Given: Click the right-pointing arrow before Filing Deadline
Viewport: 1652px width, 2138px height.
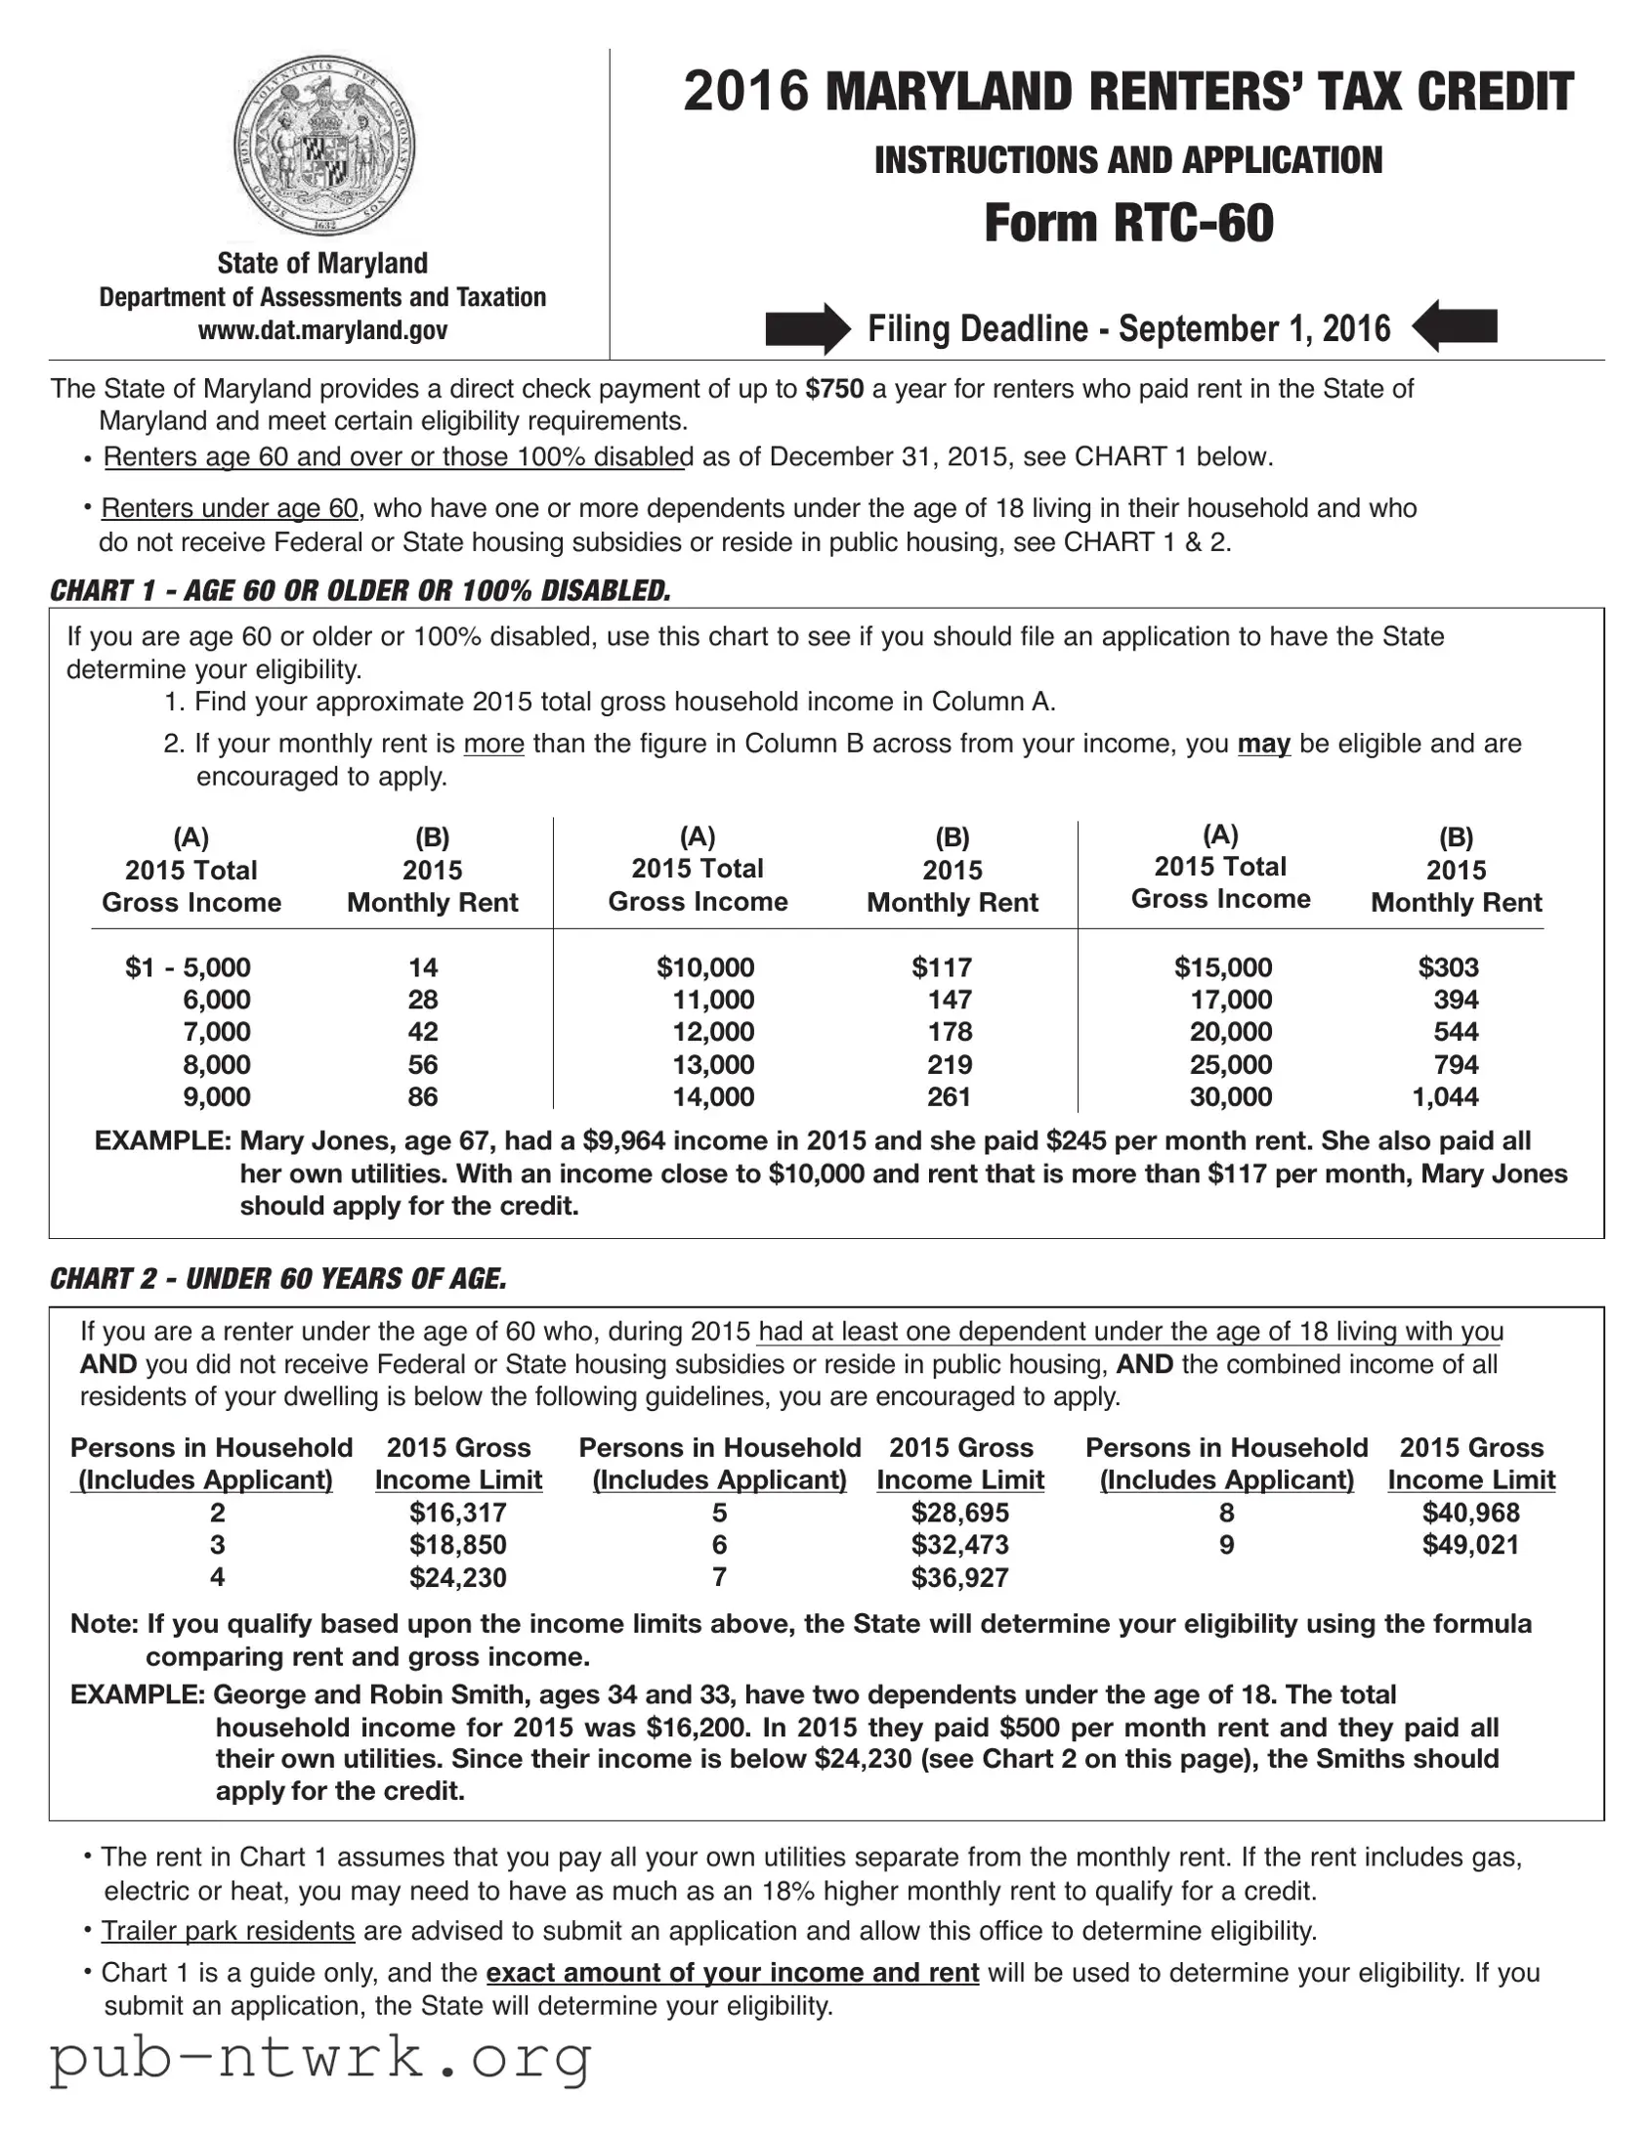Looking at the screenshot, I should click(807, 328).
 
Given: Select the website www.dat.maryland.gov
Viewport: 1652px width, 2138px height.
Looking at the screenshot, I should click(323, 330).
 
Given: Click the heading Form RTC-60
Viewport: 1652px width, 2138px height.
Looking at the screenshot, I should click(1128, 223).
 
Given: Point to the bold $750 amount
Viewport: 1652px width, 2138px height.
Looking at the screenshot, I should click(834, 390).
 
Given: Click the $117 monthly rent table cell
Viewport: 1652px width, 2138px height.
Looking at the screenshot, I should click(942, 967).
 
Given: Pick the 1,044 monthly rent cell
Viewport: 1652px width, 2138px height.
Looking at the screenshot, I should click(1445, 1096).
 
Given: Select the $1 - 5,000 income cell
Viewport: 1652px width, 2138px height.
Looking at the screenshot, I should click(188, 967).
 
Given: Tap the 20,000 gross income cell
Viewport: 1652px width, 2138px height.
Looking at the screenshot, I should click(1230, 1032).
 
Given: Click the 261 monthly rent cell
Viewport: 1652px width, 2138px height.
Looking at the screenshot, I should click(949, 1096).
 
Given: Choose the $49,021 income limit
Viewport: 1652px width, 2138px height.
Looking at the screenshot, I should click(1470, 1545).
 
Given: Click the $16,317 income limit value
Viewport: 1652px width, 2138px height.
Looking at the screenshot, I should click(458, 1513).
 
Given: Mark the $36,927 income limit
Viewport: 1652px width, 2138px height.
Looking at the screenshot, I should click(959, 1577).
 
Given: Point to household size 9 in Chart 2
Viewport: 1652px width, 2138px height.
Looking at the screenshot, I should click(1226, 1545).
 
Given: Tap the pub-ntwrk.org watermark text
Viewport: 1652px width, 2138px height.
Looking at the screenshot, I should click(321, 2057).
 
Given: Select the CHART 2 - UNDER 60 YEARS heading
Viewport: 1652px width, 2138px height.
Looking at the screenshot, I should click(279, 1278).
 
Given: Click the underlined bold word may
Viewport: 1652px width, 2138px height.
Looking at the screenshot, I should click(1263, 744).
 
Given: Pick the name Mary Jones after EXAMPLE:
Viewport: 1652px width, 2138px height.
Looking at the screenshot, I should click(308, 1141).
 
